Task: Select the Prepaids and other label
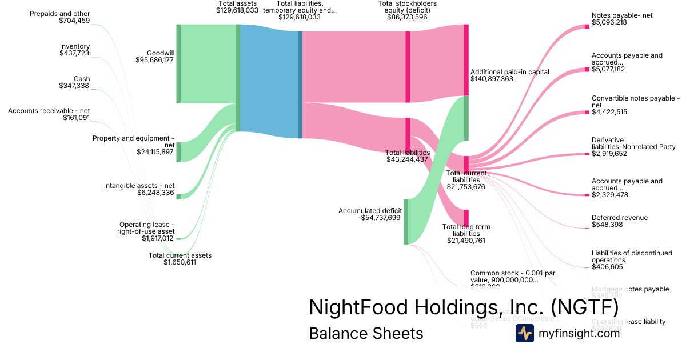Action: click(x=60, y=14)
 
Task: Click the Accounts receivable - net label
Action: click(x=49, y=111)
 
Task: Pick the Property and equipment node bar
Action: click(x=178, y=152)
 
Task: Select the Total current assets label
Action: click(x=180, y=255)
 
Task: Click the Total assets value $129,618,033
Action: click(x=237, y=10)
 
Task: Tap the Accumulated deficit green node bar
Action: click(x=406, y=222)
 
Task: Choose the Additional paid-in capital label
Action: click(x=509, y=72)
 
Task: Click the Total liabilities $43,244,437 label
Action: click(x=407, y=156)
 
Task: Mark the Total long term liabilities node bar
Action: click(x=466, y=218)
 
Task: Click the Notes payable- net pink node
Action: click(x=587, y=26)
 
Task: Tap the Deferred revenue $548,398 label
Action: click(x=620, y=221)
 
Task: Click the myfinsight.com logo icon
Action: click(x=525, y=333)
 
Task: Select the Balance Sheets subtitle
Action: click(x=366, y=333)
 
